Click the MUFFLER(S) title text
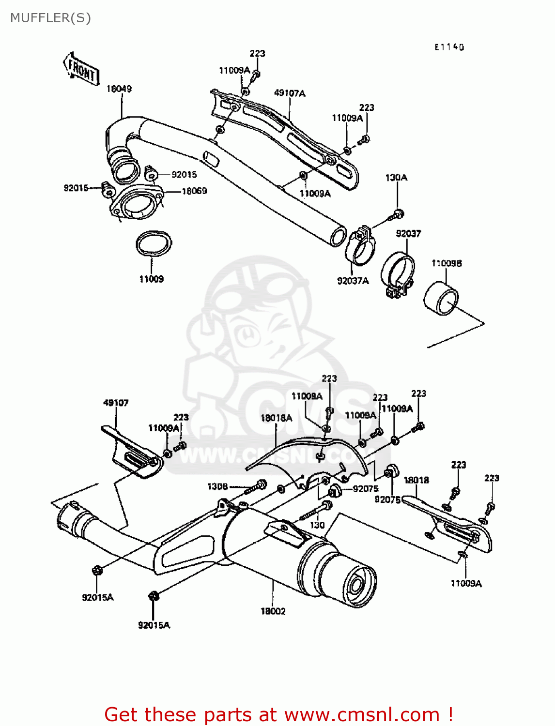(50, 18)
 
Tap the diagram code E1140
(449, 47)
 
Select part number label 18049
(119, 89)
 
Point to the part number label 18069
(194, 191)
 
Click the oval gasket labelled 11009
(154, 245)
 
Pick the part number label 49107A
(290, 93)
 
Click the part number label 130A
(396, 178)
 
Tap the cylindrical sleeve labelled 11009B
(441, 296)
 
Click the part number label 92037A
(353, 281)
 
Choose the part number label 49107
(116, 402)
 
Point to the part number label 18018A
(276, 418)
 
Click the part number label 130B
(217, 486)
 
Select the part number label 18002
(273, 611)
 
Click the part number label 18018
(416, 480)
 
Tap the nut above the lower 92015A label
(154, 596)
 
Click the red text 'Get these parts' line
(278, 714)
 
